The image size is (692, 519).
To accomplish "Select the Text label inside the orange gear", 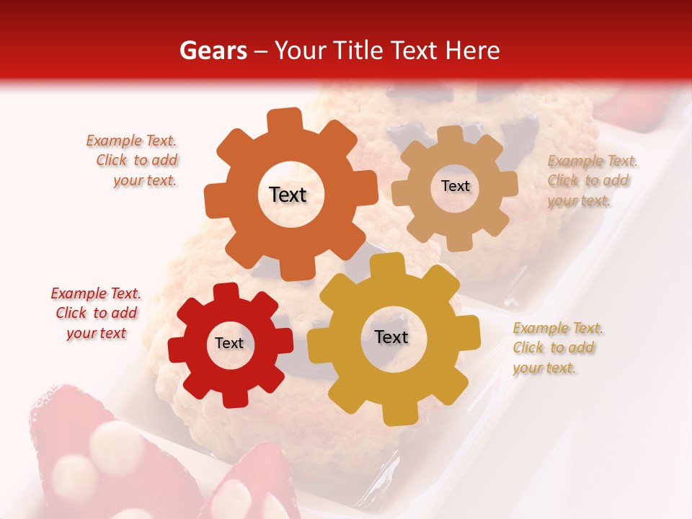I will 288,195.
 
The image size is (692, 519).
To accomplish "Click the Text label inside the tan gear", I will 455,186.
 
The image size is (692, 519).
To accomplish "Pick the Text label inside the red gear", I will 229,344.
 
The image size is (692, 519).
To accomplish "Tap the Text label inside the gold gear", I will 391,337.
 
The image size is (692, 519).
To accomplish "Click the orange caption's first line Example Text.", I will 131,141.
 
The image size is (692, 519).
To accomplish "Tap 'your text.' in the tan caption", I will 579,201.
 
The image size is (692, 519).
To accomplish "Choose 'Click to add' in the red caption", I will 97,313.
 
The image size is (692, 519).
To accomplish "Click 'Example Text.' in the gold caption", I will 558,328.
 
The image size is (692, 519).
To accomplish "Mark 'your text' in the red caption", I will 97,333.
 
